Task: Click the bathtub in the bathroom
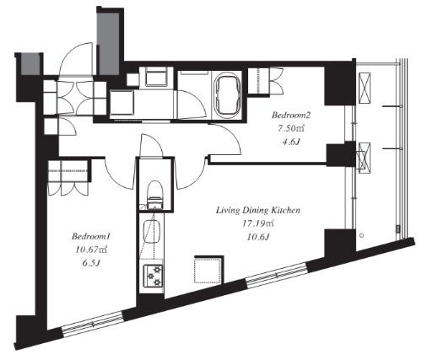[x=228, y=94]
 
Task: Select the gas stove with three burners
[x=154, y=276]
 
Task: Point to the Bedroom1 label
[x=90, y=236]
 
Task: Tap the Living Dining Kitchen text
[x=258, y=210]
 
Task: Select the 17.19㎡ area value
[x=258, y=223]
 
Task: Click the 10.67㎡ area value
[x=91, y=250]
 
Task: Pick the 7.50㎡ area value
[x=291, y=128]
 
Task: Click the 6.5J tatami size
[x=92, y=263]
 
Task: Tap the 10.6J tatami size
[x=258, y=237]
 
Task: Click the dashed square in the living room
[x=209, y=270]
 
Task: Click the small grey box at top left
[x=31, y=65]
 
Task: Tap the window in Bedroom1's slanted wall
[x=93, y=324]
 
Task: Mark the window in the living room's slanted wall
[x=277, y=275]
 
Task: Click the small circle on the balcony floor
[x=362, y=235]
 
